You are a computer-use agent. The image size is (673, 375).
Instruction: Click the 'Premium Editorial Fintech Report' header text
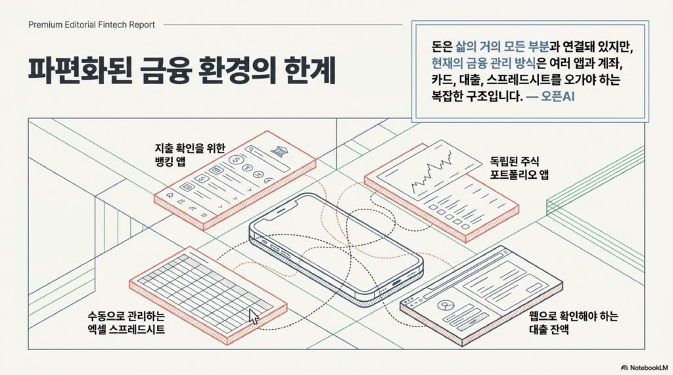pos(91,25)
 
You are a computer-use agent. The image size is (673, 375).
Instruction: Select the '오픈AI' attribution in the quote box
pos(557,96)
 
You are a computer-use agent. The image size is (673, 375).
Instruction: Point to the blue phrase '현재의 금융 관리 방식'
pos(484,63)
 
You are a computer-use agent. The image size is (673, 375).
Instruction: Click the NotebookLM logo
pos(644,367)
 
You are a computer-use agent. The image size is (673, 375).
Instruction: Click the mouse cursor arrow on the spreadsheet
pos(254,317)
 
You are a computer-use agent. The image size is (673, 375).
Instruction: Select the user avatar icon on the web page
pos(445,305)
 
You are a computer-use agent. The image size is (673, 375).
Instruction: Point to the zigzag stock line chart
pos(432,172)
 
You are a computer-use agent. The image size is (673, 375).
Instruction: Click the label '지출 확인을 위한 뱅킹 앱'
pos(190,155)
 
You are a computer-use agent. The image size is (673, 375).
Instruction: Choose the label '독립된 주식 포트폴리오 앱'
pos(519,167)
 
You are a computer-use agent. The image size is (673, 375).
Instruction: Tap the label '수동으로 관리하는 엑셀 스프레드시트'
pos(126,322)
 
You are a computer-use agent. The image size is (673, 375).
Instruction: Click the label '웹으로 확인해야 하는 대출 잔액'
pos(574,322)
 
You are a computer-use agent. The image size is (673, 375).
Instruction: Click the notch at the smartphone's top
pos(281,211)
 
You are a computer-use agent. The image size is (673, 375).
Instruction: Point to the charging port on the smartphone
pos(395,282)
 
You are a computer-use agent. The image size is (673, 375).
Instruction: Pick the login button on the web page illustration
pos(473,321)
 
